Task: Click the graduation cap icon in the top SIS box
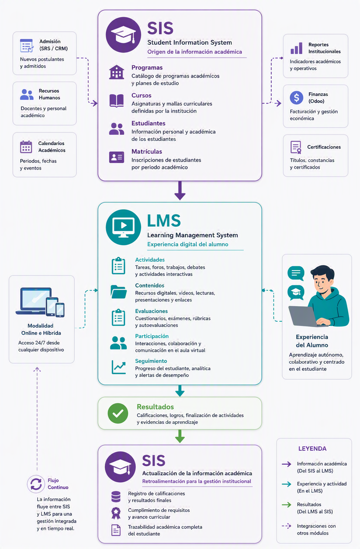pos(123,35)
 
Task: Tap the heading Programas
pos(147,67)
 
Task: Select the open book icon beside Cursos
pos(117,101)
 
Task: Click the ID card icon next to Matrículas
pos(117,157)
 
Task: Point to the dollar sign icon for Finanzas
pos(296,97)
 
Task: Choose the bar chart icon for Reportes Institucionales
pos(296,48)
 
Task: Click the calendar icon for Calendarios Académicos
pos(26,147)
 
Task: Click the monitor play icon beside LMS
pos(123,227)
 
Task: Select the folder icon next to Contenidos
pos(119,292)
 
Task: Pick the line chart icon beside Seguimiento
pos(119,367)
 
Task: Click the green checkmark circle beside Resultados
pos(118,413)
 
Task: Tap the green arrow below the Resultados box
pos(180,436)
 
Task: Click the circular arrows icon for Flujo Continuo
pos(36,484)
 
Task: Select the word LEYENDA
pos(312,449)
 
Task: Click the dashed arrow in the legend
pos(286,526)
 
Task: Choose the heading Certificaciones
pos(324,147)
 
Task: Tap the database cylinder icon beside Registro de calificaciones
pos(116,497)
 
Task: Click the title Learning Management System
pos(192,235)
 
